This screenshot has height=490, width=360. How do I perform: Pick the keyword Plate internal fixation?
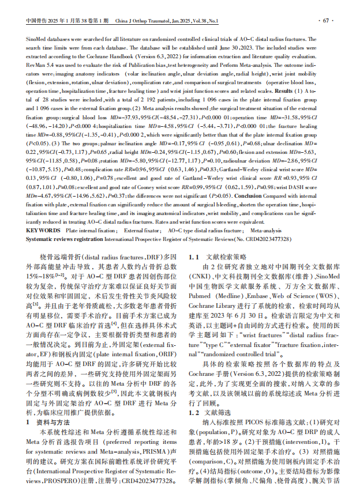(90, 229)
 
